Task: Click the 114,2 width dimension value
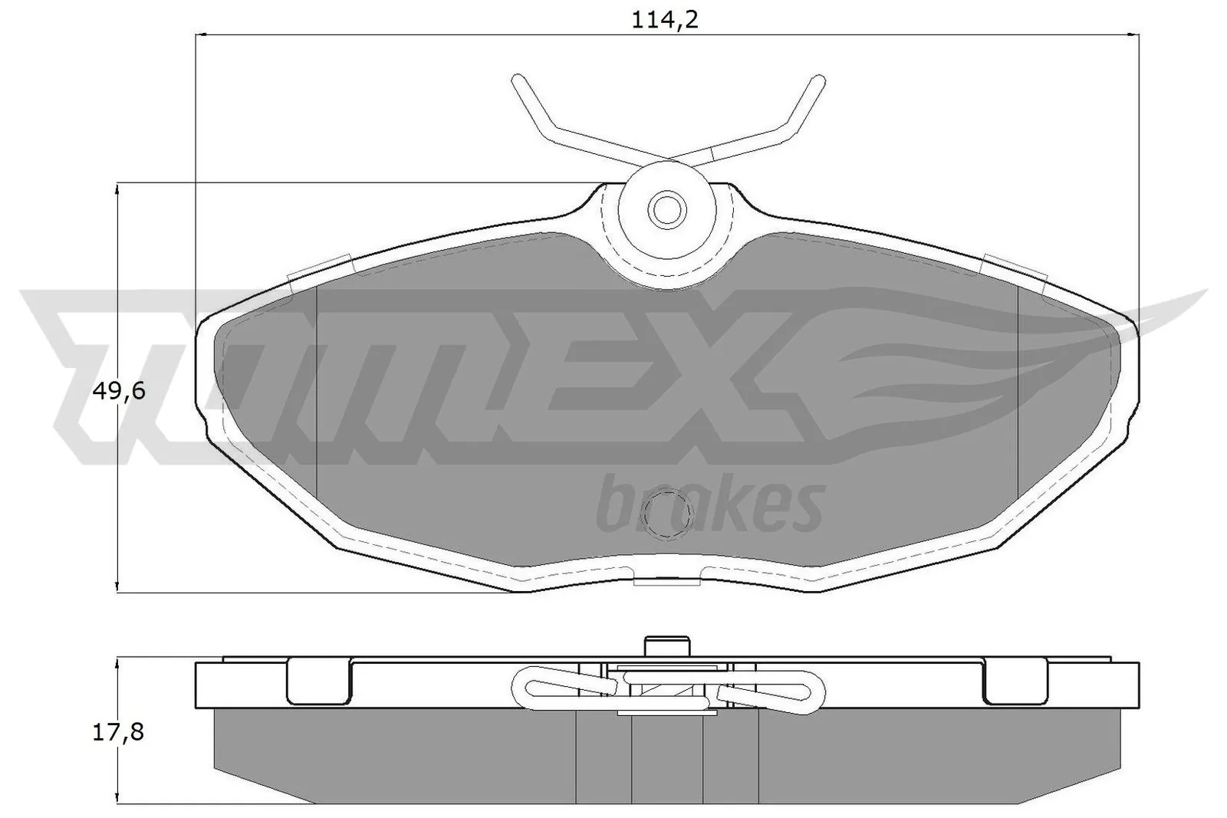click(x=665, y=19)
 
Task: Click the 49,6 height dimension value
click(x=118, y=392)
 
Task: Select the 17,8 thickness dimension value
click(x=118, y=732)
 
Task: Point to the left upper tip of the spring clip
click(x=518, y=80)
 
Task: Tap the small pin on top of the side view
click(x=666, y=646)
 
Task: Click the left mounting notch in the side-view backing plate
click(x=319, y=682)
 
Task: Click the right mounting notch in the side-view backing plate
click(x=1014, y=682)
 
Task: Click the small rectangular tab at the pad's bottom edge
click(x=667, y=581)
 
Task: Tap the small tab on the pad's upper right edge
click(x=1014, y=268)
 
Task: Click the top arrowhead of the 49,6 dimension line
click(x=117, y=189)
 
